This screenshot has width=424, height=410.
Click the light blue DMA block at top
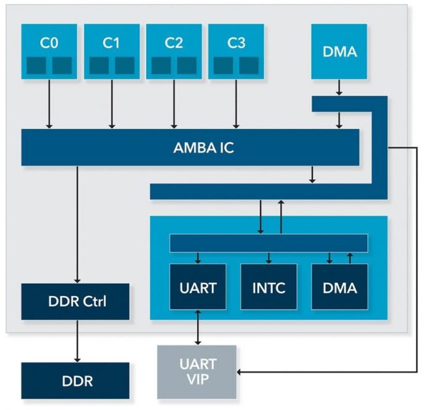click(339, 51)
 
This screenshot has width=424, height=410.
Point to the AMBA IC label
click(204, 147)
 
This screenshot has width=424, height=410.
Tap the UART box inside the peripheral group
click(198, 286)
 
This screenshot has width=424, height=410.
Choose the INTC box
click(269, 286)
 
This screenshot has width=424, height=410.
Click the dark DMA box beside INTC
click(339, 286)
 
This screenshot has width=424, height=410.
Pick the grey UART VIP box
click(198, 372)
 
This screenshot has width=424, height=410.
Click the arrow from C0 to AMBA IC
click(49, 104)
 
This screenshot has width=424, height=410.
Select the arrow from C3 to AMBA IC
click(235, 104)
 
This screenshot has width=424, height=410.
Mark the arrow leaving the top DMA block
click(339, 87)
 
